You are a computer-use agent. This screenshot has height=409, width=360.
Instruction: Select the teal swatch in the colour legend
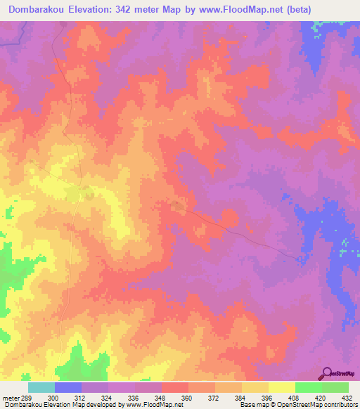pos(41,387)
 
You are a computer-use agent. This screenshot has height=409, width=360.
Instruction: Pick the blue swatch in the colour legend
pos(68,387)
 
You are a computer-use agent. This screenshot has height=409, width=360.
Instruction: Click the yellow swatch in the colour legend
pos(282,387)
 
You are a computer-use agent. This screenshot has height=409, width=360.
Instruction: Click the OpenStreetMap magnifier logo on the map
pos(328,373)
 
